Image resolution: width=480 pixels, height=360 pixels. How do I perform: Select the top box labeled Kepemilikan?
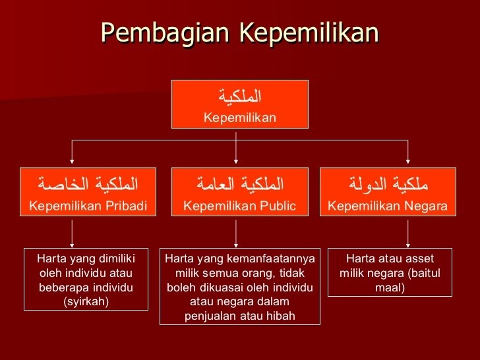(239, 104)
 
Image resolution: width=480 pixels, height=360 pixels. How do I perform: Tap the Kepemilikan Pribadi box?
(88, 192)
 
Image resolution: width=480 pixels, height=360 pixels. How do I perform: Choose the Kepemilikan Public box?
(239, 192)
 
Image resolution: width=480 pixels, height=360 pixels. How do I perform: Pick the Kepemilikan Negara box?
(388, 192)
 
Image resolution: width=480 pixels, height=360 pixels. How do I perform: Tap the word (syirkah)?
(86, 302)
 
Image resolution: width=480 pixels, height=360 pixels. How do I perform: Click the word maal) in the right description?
(390, 287)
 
